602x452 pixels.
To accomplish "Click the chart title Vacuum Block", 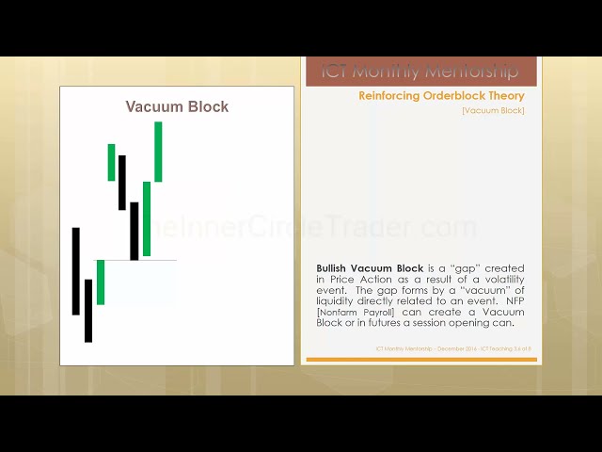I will coord(177,106).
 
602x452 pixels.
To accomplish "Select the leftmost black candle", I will coord(76,270).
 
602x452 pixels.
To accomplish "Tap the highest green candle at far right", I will coord(158,151).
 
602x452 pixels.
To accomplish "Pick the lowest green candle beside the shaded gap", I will coord(101,282).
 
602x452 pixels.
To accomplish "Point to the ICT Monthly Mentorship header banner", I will coord(420,72).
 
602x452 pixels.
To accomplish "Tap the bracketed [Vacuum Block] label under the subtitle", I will coord(493,110).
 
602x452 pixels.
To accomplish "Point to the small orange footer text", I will coord(453,348).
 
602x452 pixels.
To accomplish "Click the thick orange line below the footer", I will coord(420,359).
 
